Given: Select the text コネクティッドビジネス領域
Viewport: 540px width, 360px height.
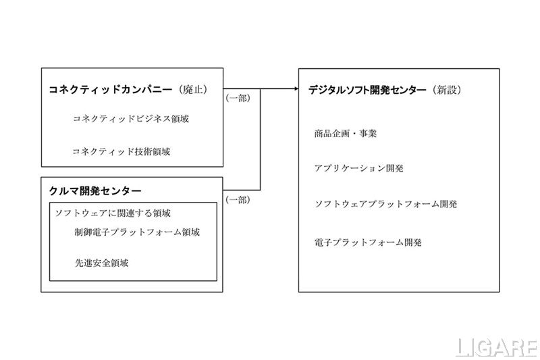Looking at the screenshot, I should click(130, 119).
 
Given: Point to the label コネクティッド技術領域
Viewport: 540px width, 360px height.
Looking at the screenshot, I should click(121, 151).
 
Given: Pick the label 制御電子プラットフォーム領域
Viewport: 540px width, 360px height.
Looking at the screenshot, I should click(137, 232).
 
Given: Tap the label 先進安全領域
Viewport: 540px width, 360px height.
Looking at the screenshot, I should click(101, 263).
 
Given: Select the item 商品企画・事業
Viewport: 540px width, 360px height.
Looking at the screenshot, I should click(346, 133).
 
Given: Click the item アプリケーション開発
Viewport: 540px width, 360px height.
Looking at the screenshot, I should click(358, 168).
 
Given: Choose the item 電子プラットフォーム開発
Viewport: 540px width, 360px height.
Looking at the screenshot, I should click(368, 242).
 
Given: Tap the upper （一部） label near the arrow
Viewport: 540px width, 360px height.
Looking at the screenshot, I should click(238, 99).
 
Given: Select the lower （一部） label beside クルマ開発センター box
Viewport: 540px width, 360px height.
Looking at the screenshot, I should click(238, 200).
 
